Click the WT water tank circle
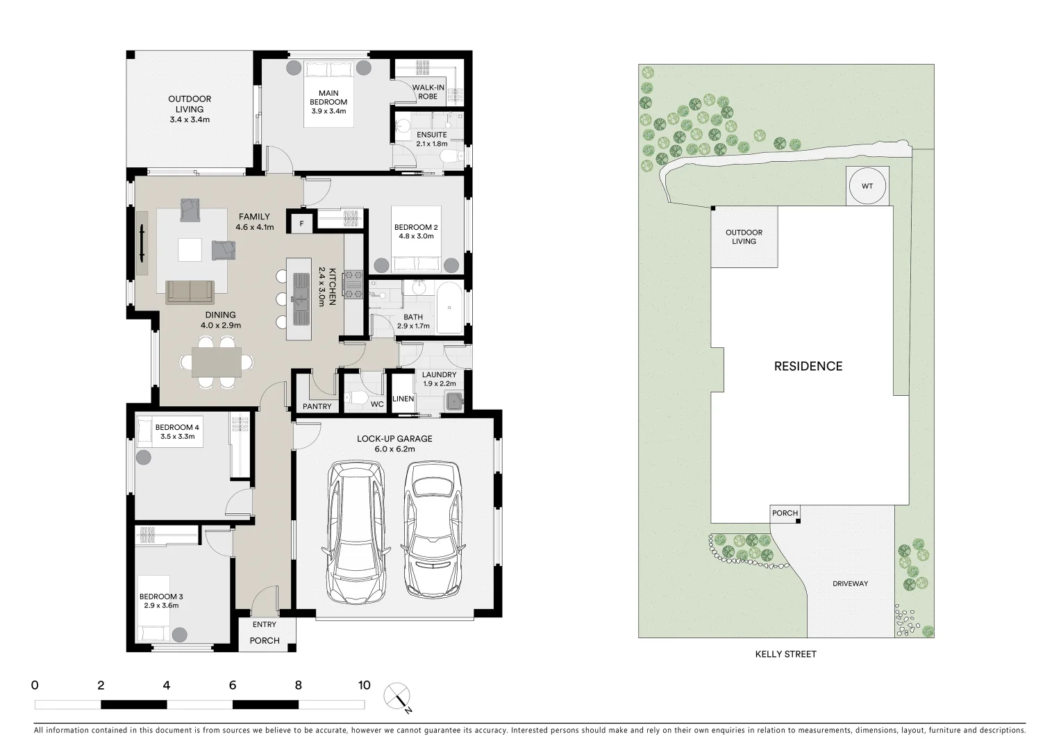tap(867, 186)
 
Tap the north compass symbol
tap(399, 697)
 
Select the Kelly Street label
tap(785, 654)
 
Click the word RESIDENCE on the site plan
tap(808, 366)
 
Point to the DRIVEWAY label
tap(850, 583)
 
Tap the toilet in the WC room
tap(358, 398)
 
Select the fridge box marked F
tap(301, 224)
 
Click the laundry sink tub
tap(455, 401)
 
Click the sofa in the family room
tap(190, 292)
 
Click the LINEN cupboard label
tap(403, 399)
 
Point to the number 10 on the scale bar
tap(364, 685)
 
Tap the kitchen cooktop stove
tap(354, 285)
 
